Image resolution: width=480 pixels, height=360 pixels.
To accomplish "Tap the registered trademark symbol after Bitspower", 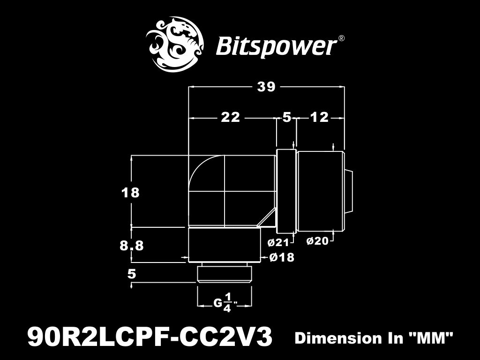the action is [x=342, y=38].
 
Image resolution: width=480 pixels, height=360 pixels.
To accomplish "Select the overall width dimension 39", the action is [x=266, y=87].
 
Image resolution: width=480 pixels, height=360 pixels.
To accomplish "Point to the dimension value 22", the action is [x=231, y=117].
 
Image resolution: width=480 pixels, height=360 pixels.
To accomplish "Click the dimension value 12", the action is [x=319, y=117].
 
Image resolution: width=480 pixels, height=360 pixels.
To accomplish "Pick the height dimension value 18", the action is [x=130, y=193].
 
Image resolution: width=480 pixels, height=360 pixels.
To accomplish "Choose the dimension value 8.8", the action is [x=132, y=246].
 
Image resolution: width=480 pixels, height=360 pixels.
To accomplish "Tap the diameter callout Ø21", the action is [x=278, y=243].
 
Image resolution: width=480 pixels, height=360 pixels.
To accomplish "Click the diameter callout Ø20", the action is [x=317, y=241].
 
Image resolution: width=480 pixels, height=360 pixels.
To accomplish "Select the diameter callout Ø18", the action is [x=282, y=257].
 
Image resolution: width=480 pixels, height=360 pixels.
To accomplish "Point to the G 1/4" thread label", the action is [x=225, y=303].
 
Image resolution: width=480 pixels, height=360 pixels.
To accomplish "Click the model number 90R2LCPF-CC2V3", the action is [x=150, y=337].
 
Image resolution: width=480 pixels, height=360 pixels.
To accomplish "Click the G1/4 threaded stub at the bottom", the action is [x=225, y=274].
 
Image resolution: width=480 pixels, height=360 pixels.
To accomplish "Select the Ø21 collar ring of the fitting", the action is [x=286, y=191].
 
